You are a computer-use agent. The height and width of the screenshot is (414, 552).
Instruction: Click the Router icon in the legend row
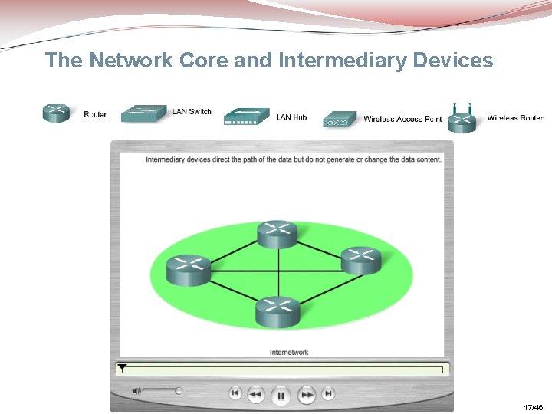pyautogui.click(x=55, y=113)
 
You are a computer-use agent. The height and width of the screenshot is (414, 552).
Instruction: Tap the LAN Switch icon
pyautogui.click(x=143, y=113)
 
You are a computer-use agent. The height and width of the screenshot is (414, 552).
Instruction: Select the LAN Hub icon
pyautogui.click(x=246, y=117)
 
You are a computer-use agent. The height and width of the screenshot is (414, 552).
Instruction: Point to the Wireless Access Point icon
pyautogui.click(x=340, y=120)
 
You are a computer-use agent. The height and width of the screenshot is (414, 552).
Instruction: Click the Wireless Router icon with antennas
pyautogui.click(x=462, y=119)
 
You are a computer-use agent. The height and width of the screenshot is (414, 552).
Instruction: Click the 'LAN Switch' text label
pyautogui.click(x=192, y=112)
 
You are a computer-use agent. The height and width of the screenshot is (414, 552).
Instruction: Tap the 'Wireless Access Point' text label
pyautogui.click(x=402, y=119)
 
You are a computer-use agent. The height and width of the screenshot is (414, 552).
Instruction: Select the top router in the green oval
pyautogui.click(x=277, y=234)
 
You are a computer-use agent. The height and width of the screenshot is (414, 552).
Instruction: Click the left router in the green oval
pyautogui.click(x=189, y=268)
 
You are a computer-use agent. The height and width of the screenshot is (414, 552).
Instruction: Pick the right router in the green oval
pyautogui.click(x=360, y=261)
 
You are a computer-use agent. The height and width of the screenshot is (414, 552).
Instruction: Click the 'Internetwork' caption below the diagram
pyautogui.click(x=289, y=353)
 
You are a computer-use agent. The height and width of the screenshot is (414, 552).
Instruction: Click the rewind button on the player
pyautogui.click(x=256, y=395)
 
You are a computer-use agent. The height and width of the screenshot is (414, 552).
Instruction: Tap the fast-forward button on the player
pyautogui.click(x=306, y=395)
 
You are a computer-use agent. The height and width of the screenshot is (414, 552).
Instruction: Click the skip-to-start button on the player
pyautogui.click(x=235, y=394)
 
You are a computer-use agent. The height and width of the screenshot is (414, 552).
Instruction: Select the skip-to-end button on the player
pyautogui.click(x=328, y=394)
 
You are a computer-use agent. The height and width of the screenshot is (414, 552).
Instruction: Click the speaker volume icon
pyautogui.click(x=136, y=391)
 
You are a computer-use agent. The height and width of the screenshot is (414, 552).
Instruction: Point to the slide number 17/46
pyautogui.click(x=533, y=407)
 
